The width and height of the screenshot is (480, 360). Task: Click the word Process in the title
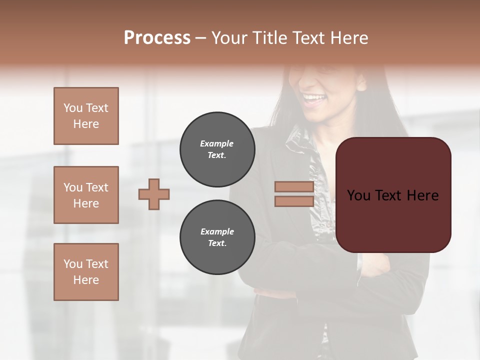point(157,38)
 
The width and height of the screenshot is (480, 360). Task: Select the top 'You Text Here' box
point(86,116)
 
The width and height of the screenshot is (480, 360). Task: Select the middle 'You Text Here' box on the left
point(86,195)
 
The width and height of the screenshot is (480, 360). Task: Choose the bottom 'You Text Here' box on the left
point(86,272)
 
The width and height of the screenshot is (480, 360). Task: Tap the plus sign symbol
point(154,194)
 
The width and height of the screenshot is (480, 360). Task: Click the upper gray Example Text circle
point(217,149)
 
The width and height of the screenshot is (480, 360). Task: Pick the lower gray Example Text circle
point(217,237)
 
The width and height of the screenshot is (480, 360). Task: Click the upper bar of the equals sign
point(294,187)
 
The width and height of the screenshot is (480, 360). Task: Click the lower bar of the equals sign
point(294,201)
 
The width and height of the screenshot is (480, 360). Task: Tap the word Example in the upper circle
point(216,143)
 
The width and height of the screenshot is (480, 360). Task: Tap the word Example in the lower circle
point(217,231)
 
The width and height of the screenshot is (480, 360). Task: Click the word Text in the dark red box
point(390,195)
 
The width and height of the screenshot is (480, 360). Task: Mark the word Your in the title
point(229,38)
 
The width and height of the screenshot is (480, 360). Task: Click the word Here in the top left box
point(86,124)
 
